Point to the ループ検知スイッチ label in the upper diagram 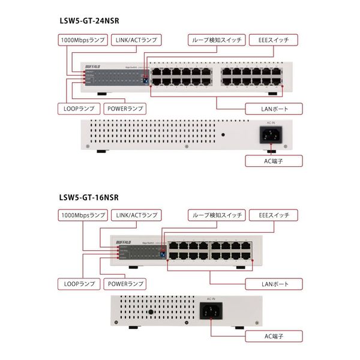217,40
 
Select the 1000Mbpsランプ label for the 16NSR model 83,214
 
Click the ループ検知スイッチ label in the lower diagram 217,214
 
